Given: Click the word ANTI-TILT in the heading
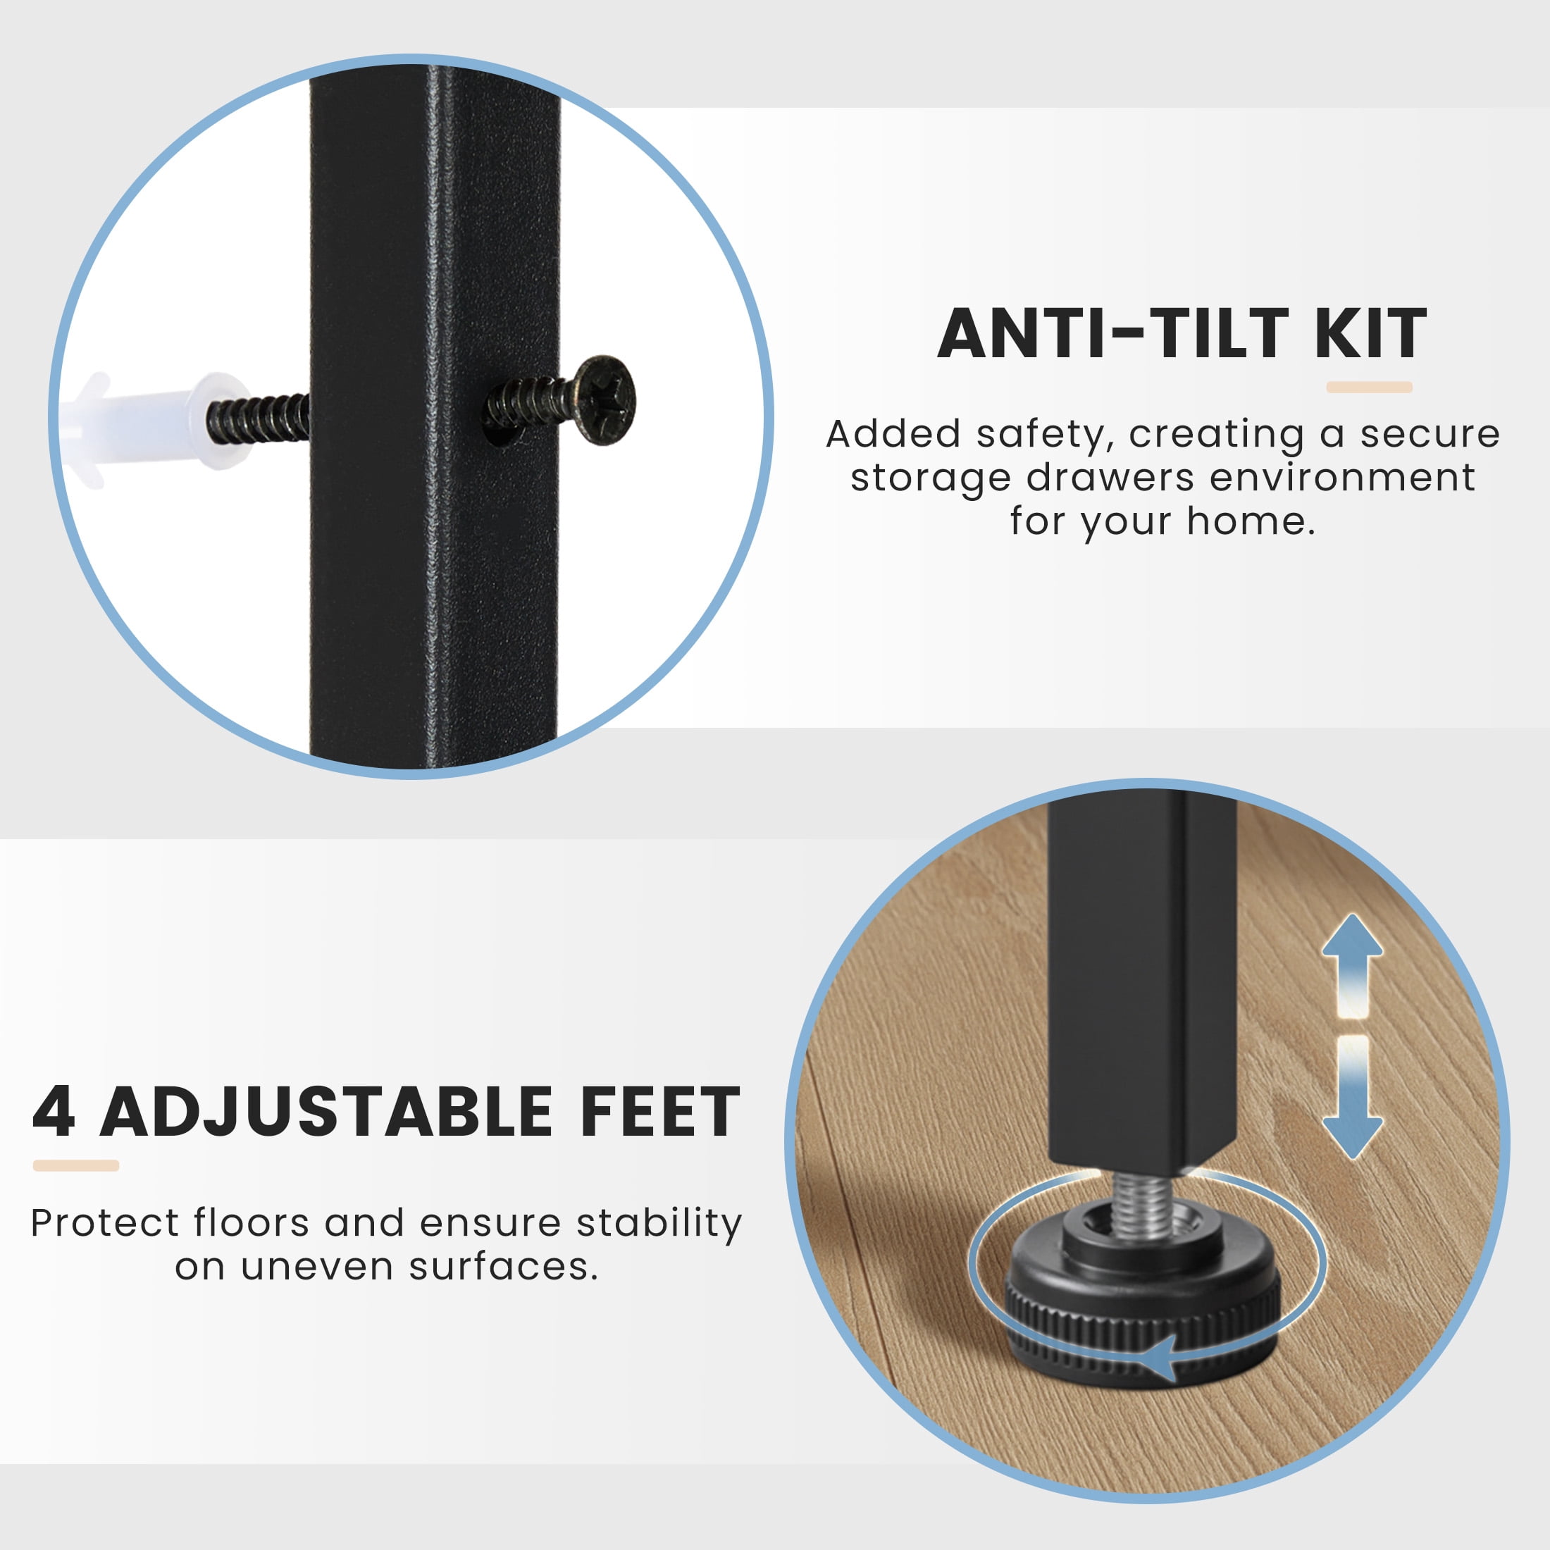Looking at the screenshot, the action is (x=1112, y=334).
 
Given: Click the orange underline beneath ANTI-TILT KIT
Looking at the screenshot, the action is (x=1369, y=387).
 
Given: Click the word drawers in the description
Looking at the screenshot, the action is (x=1110, y=478).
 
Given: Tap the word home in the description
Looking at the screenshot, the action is (x=1251, y=521).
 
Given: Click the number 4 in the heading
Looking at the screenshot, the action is (x=54, y=1111).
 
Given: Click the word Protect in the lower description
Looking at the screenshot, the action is (x=105, y=1224).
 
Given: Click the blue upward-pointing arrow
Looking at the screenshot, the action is (x=1353, y=965).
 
